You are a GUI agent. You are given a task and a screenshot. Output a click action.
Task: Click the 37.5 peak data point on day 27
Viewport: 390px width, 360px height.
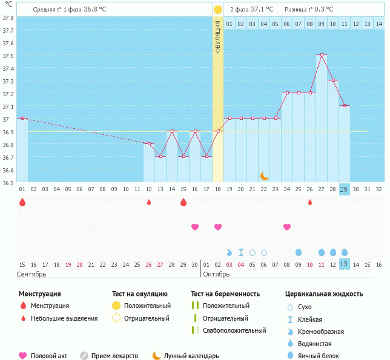pos(322,55)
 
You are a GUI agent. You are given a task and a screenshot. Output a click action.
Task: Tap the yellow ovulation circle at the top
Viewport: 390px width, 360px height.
pos(218,10)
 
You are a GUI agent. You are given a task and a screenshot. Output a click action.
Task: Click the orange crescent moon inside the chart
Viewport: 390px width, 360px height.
pos(264,175)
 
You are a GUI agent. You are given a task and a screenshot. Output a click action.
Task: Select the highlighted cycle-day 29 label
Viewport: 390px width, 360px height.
pos(344,189)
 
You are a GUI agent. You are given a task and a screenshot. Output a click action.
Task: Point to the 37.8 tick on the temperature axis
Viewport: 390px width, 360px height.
pos(8,18)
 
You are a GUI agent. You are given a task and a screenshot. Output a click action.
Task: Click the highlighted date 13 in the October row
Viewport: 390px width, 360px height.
pos(344,264)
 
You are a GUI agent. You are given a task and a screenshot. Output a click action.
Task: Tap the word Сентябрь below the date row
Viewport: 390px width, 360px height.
pos(32,275)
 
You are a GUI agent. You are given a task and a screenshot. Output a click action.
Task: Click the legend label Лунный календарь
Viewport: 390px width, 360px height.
pos(191,356)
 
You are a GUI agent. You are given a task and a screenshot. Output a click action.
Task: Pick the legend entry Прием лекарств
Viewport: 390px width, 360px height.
pos(114,356)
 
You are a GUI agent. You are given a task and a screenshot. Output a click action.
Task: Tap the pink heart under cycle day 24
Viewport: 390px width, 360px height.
pos(287,227)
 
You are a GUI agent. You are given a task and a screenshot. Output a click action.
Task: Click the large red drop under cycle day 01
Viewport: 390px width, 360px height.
pos(22,202)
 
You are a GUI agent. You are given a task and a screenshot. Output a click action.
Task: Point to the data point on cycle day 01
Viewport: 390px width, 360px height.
pos(22,118)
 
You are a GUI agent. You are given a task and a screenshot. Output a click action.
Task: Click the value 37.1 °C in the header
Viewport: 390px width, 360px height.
pos(261,10)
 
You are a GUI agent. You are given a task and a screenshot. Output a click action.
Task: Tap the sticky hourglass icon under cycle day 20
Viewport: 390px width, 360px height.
pos(241,252)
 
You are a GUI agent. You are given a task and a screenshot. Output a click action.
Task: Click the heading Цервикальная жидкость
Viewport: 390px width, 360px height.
pos(324,294)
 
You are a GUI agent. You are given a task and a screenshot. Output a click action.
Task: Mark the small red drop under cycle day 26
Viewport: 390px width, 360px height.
pos(310,202)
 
